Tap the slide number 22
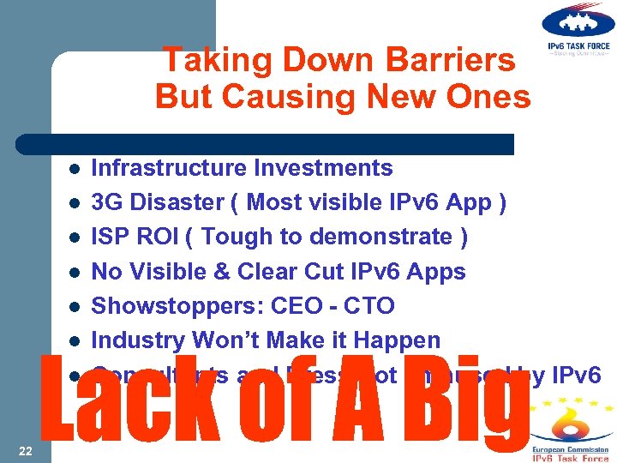25,451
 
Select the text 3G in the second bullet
107,202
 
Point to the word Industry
138,340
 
